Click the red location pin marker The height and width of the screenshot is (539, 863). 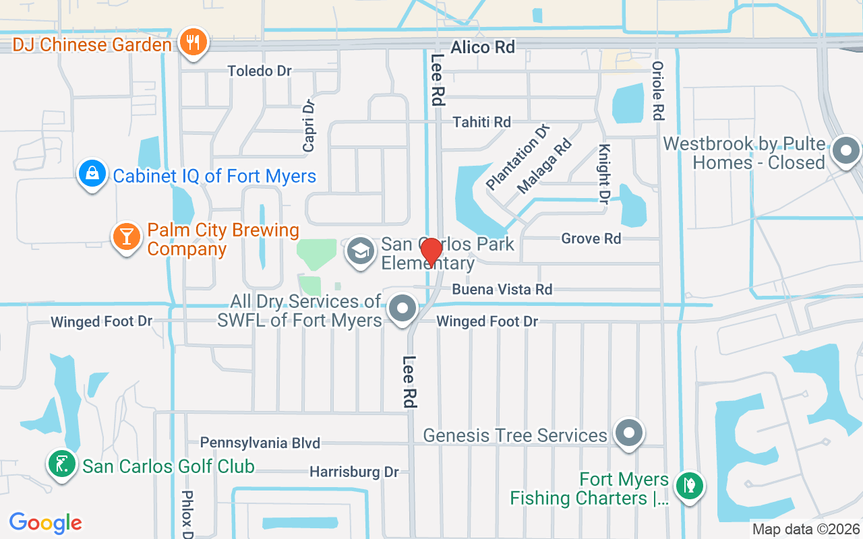point(431,252)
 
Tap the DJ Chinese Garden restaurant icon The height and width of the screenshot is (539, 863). point(194,43)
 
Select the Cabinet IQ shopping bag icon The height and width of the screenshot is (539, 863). point(92,174)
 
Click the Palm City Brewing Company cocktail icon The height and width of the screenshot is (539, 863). point(126,236)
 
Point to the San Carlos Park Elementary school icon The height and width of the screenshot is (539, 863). point(361,252)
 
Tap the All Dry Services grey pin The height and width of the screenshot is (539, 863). point(403,309)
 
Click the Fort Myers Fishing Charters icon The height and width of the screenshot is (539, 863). point(689,485)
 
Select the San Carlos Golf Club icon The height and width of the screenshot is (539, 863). point(62,464)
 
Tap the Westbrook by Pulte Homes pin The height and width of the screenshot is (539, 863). point(846,151)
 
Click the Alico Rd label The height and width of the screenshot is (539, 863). point(483,47)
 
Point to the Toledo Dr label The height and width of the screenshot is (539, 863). point(260,71)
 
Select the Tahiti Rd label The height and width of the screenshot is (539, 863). point(482,122)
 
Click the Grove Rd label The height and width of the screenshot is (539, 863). point(591,239)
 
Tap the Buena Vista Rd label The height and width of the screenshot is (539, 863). point(502,290)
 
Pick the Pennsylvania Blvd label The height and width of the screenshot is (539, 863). point(260,443)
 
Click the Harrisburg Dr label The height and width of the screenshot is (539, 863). point(354,472)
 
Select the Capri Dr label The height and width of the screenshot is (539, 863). point(309,126)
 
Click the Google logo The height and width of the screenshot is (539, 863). point(45,522)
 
